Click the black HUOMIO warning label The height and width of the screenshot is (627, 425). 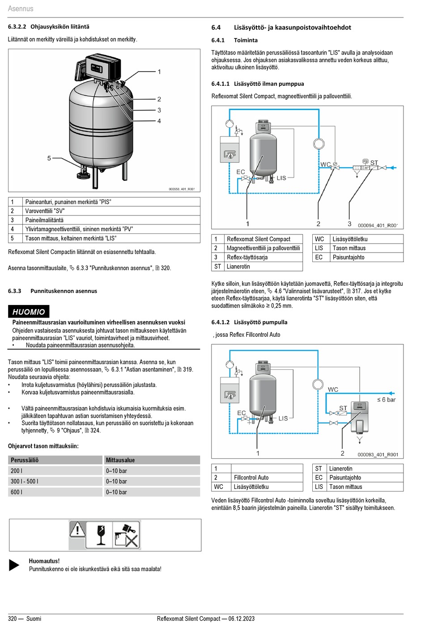29,312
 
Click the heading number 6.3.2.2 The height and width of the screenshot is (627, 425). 17,27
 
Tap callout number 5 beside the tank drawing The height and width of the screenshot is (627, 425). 49,158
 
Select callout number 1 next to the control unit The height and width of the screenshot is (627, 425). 159,72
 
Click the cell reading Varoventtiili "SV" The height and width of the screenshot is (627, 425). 45,211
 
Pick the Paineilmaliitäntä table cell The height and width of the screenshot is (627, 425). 44,220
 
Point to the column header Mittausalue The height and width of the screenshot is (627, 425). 120,460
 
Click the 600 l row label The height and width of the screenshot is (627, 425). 17,492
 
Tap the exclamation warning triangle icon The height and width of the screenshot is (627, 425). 77,530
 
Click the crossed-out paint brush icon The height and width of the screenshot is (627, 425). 127,535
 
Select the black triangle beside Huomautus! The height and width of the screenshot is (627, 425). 14,565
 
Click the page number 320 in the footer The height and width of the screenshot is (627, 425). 13,619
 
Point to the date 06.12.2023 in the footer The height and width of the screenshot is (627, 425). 241,619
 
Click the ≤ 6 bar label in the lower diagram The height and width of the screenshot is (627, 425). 386,399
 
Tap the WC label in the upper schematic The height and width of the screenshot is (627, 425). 325,164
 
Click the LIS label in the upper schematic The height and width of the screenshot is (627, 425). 281,178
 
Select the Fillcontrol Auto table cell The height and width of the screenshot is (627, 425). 251,478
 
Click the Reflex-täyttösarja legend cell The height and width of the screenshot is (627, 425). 247,257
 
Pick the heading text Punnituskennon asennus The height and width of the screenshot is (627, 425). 64,291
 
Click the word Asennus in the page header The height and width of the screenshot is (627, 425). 21,8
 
